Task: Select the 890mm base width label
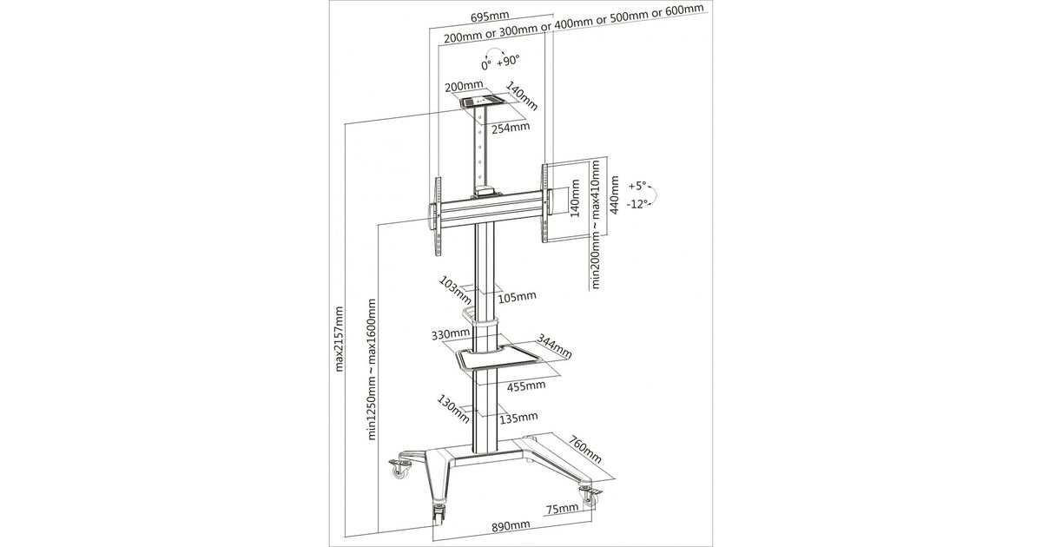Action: click(x=511, y=527)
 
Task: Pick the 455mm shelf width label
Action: click(x=527, y=385)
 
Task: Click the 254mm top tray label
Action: click(x=511, y=129)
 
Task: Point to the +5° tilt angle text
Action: click(x=637, y=186)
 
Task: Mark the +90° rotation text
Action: click(x=508, y=61)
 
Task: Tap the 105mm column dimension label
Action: click(x=518, y=297)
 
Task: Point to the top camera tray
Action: click(x=482, y=102)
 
